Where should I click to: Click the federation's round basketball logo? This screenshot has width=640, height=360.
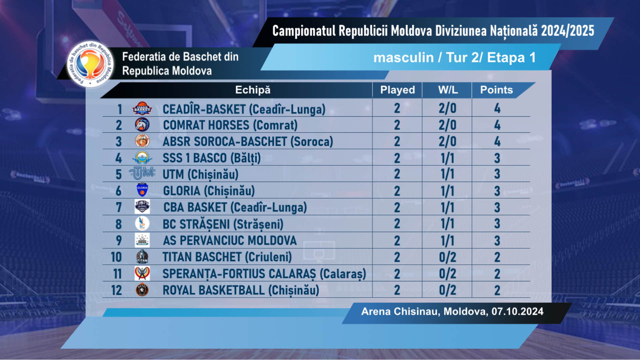tap(90, 64)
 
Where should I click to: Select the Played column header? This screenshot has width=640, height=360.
tap(397, 90)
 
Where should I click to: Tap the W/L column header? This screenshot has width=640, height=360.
tap(448, 90)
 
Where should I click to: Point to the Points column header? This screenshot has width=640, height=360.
tap(496, 90)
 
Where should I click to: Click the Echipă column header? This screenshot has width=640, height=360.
tap(253, 90)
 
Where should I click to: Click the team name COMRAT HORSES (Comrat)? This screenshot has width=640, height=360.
tap(230, 125)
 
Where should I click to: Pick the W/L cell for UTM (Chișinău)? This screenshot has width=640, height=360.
tap(447, 174)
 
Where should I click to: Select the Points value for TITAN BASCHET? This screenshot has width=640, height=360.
tap(497, 257)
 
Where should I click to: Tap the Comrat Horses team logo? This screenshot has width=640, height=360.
tap(142, 125)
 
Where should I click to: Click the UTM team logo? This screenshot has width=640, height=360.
tap(142, 173)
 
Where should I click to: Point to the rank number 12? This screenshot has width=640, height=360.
tap(117, 290)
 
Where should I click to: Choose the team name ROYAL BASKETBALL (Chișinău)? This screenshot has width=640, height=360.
tap(241, 290)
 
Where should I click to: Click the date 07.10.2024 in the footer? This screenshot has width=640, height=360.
tap(517, 312)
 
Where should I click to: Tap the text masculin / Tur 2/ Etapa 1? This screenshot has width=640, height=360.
tap(454, 58)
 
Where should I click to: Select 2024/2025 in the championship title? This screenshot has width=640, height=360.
tap(567, 31)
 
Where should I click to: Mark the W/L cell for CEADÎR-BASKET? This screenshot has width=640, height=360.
tap(447, 109)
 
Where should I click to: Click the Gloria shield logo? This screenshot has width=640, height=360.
tap(142, 190)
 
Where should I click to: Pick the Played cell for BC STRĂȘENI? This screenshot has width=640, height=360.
tap(397, 224)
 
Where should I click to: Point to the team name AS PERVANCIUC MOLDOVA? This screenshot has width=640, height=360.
tap(230, 241)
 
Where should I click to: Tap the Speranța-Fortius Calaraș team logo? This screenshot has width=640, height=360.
tap(142, 273)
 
